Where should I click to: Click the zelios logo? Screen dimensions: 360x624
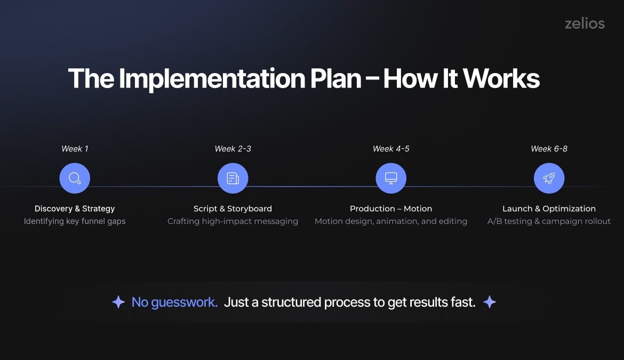coord(585,23)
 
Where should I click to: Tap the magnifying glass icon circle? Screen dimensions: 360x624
coord(75,178)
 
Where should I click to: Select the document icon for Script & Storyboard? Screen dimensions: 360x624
coord(233,178)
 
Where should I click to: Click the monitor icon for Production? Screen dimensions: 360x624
coord(391,178)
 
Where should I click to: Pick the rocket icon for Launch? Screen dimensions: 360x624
coord(549,178)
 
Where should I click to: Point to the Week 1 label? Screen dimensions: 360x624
coord(75,149)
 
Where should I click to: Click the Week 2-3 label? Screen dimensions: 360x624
coord(233,149)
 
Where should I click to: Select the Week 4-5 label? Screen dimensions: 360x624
coord(391,149)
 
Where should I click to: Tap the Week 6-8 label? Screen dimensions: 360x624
coord(549,149)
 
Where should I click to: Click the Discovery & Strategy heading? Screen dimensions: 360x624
coord(75,209)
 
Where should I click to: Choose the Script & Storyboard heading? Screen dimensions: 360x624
coord(233,209)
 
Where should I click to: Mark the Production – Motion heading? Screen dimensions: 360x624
coord(391,209)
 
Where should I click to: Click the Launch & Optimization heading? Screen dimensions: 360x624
coord(549,209)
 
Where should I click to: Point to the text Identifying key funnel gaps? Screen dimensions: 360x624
coord(75,221)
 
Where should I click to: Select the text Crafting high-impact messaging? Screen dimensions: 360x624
coord(233,221)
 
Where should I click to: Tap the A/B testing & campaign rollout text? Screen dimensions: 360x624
coord(549,221)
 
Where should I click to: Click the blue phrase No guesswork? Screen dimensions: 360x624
coord(174,302)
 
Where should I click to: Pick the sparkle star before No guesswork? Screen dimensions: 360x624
coord(118,302)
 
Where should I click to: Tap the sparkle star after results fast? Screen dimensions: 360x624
coord(489,302)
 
